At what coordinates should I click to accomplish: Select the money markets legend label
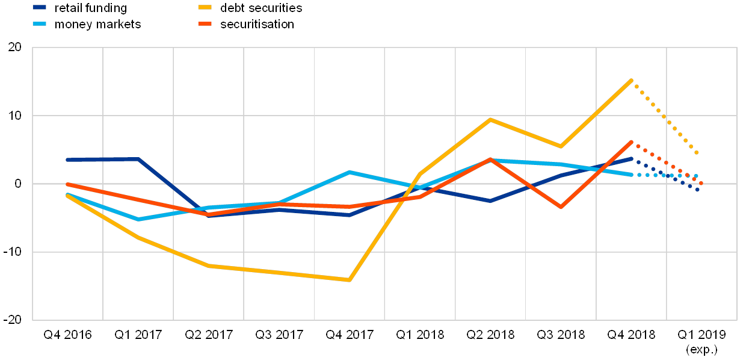97,25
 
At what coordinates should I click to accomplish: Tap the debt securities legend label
260,8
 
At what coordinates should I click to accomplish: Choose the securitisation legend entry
256,25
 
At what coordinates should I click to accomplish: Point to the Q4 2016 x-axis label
67,335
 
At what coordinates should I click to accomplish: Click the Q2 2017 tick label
208,335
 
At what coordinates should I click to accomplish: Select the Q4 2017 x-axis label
349,335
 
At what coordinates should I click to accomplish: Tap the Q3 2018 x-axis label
561,335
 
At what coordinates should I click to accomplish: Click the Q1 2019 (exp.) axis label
701,341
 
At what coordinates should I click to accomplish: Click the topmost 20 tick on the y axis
14,48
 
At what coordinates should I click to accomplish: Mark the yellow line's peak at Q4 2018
631,80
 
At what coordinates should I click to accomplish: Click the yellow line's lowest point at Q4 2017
349,280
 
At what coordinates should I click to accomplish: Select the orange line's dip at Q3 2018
561,207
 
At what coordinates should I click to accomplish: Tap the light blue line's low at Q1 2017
138,219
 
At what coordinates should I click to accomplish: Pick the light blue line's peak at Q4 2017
350,172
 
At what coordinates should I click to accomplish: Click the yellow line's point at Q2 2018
490,119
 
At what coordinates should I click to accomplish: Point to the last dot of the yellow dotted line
697,152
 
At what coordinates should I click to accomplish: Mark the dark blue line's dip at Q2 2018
490,200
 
